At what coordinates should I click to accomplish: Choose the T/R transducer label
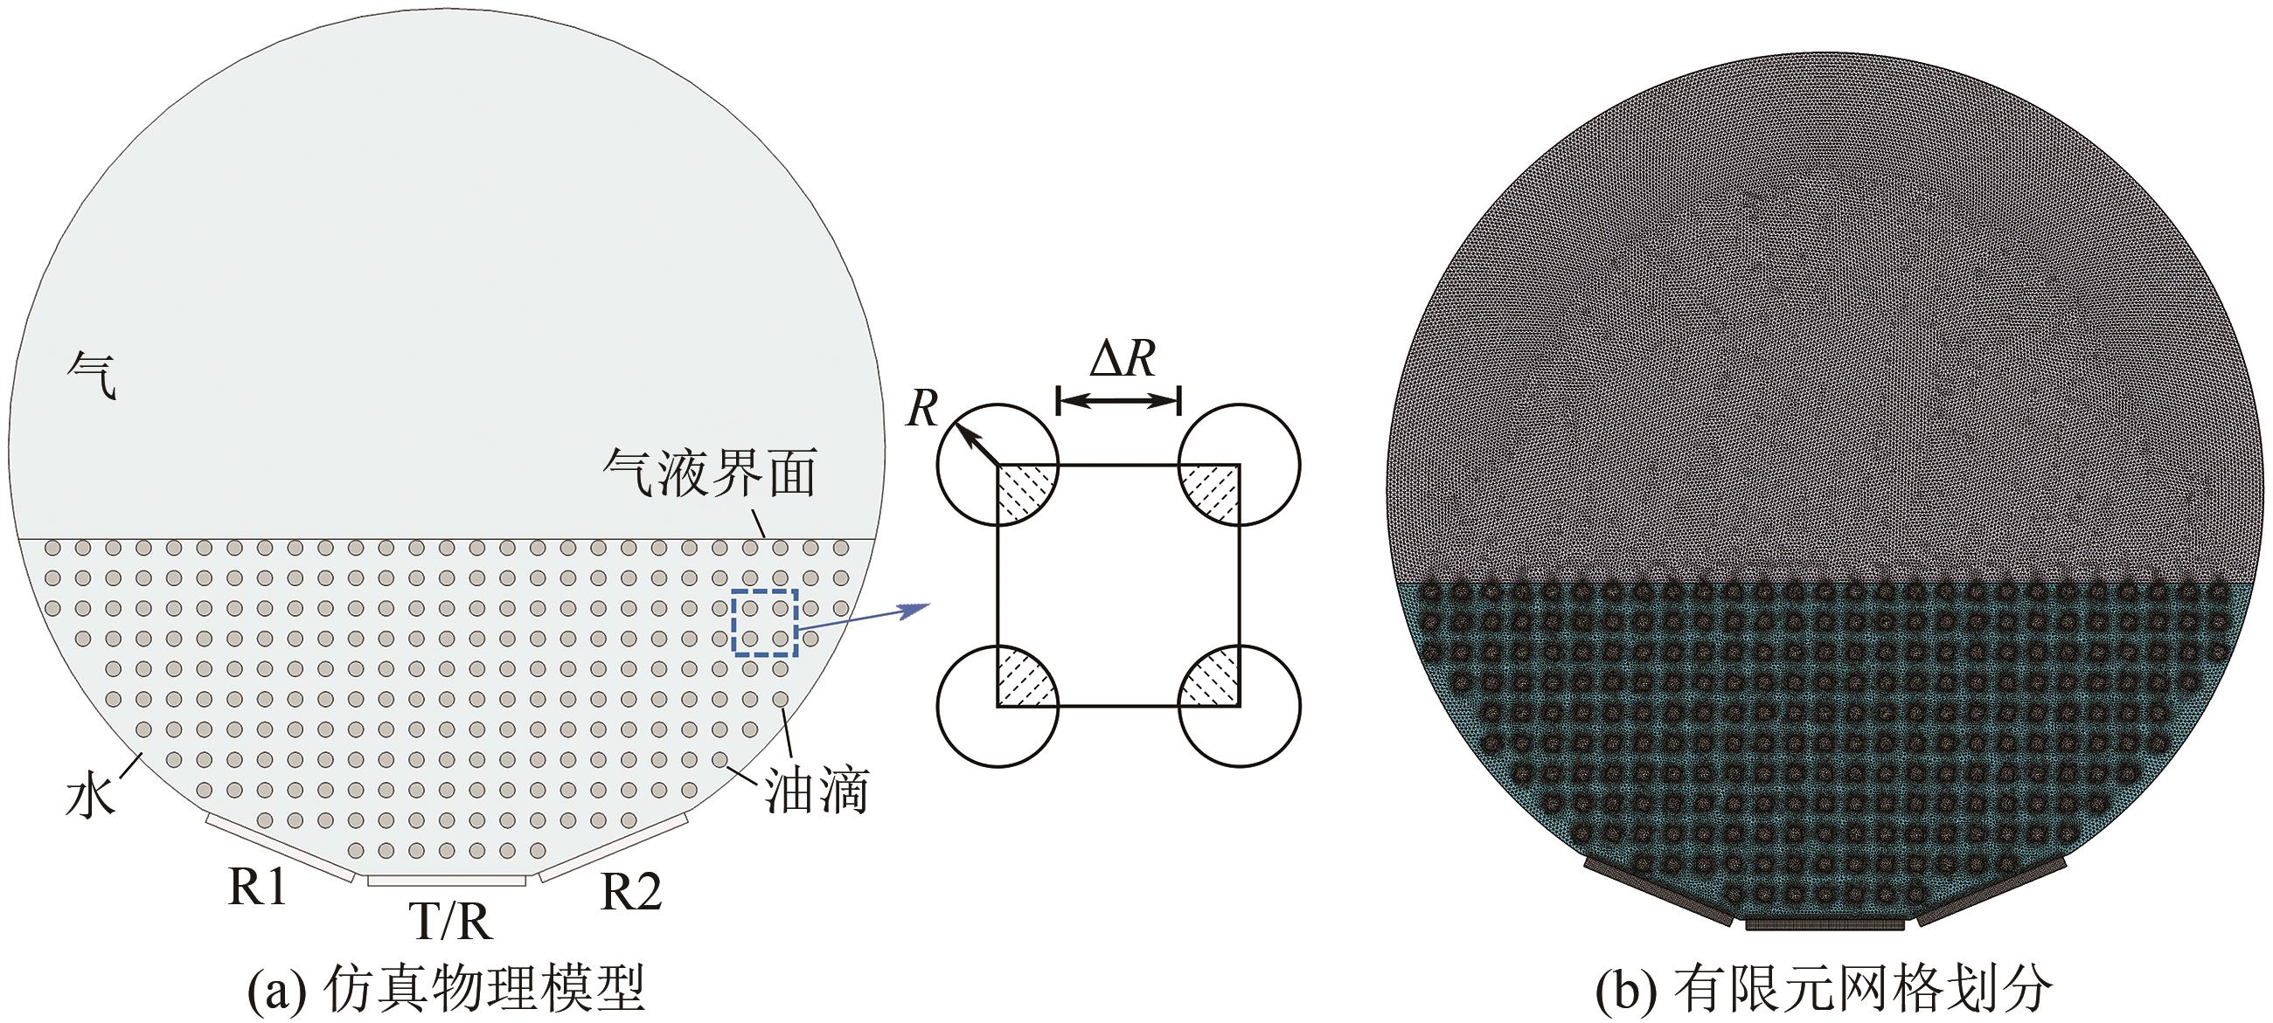pos(450,923)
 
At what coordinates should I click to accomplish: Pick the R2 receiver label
pos(630,892)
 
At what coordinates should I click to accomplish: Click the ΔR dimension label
pos(1122,359)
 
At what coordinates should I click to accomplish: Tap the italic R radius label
pos(923,408)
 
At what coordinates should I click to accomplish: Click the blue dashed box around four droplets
pos(765,624)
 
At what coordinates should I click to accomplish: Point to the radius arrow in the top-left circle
pos(975,443)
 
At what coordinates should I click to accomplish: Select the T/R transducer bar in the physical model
pos(447,880)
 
